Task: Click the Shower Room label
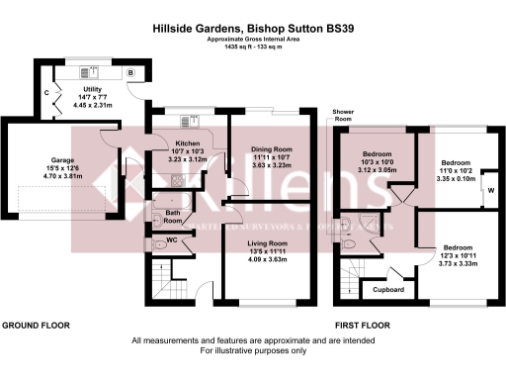pyautogui.click(x=345, y=117)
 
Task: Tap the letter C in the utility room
pyautogui.click(x=46, y=94)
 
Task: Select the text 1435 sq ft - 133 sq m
pyautogui.click(x=252, y=47)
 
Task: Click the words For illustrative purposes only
pyautogui.click(x=252, y=350)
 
